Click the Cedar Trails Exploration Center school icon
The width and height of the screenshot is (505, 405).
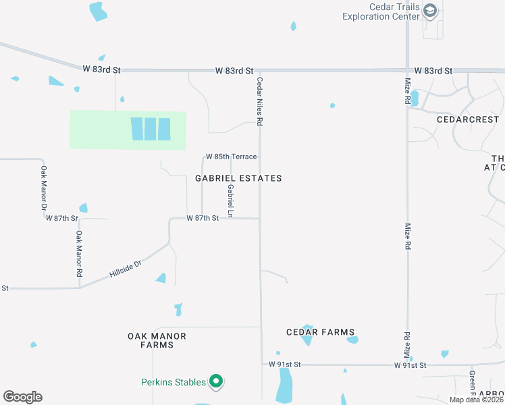click(431, 11)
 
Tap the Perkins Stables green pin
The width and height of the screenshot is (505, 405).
click(216, 383)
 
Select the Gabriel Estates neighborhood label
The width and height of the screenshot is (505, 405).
click(238, 178)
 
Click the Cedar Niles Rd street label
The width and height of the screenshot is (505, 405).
click(259, 101)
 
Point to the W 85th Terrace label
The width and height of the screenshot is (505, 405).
click(232, 157)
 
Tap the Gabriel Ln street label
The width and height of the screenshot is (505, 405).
click(230, 201)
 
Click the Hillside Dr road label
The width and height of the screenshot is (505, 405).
click(124, 268)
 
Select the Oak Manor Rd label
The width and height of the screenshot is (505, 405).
click(79, 254)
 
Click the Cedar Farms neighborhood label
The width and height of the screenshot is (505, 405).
click(321, 332)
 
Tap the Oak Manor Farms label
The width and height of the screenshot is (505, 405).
click(157, 340)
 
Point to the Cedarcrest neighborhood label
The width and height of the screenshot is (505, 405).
click(468, 118)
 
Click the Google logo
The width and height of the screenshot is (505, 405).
click(22, 397)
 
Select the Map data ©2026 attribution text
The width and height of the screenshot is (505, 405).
click(476, 400)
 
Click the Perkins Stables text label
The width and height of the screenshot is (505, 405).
click(174, 383)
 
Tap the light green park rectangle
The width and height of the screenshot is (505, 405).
click(101, 130)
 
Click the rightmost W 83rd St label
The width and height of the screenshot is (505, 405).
click(433, 70)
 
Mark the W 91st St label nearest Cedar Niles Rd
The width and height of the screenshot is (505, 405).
click(283, 364)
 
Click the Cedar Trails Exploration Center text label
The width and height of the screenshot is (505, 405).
click(381, 12)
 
